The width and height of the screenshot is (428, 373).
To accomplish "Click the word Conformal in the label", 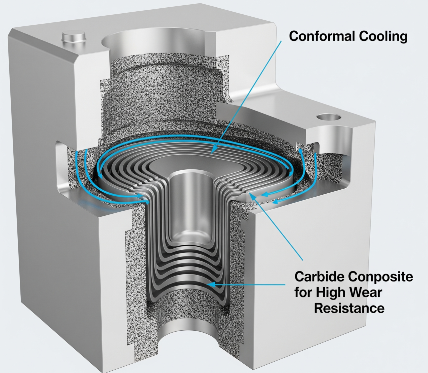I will (x=322, y=36).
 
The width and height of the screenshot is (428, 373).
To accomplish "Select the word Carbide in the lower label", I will (x=319, y=277).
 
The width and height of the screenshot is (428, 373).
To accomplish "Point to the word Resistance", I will (x=349, y=308).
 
